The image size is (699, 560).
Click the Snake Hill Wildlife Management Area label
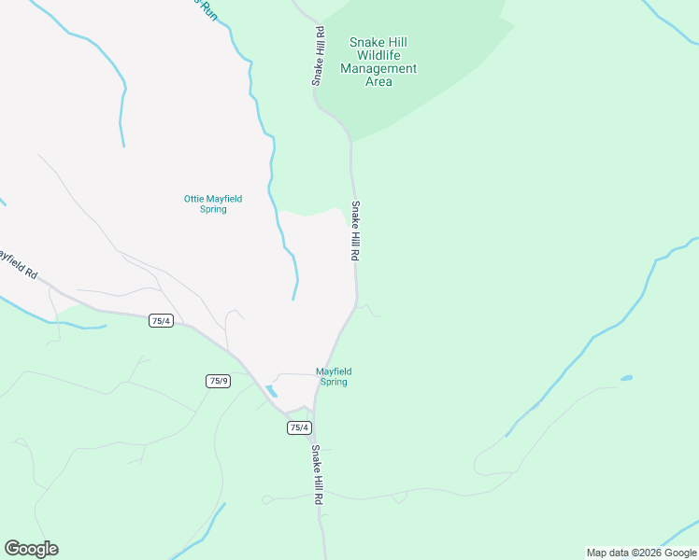pyautogui.click(x=378, y=62)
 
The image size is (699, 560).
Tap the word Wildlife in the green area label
pyautogui.click(x=378, y=55)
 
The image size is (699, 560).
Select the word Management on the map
pyautogui.click(x=378, y=68)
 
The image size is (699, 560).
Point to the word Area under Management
pyautogui.click(x=378, y=82)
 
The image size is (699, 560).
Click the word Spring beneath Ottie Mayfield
pyautogui.click(x=213, y=209)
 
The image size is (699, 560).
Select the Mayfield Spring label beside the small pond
pyautogui.click(x=333, y=376)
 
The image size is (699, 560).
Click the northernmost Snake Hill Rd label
pyautogui.click(x=319, y=56)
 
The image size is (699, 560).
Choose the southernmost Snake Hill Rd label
pyautogui.click(x=317, y=475)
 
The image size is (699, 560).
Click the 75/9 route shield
pyautogui.click(x=217, y=381)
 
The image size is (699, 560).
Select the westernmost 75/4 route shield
pyautogui.click(x=161, y=321)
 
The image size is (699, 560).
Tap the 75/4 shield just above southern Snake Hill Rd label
pyautogui.click(x=298, y=427)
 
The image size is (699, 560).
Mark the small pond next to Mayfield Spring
pyautogui.click(x=271, y=391)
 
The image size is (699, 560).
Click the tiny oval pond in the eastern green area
pyautogui.click(x=625, y=378)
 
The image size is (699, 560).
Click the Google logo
pyautogui.click(x=31, y=549)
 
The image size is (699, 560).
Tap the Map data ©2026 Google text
pyautogui.click(x=641, y=553)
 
